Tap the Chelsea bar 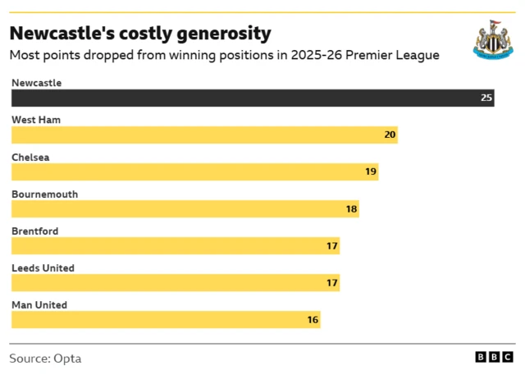(x=194, y=171)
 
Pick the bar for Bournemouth (x=185, y=208)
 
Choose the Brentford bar (x=175, y=245)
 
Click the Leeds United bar (x=175, y=282)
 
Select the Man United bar (x=165, y=319)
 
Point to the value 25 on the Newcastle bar (x=486, y=98)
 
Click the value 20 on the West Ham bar (x=390, y=135)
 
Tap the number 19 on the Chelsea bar (x=371, y=171)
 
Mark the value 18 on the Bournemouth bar (x=351, y=208)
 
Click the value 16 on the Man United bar (x=313, y=319)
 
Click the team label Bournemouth (x=44, y=194)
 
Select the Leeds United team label (x=43, y=268)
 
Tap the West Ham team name (x=35, y=120)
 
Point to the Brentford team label (x=34, y=231)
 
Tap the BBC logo (x=494, y=358)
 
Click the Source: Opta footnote (x=45, y=358)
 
